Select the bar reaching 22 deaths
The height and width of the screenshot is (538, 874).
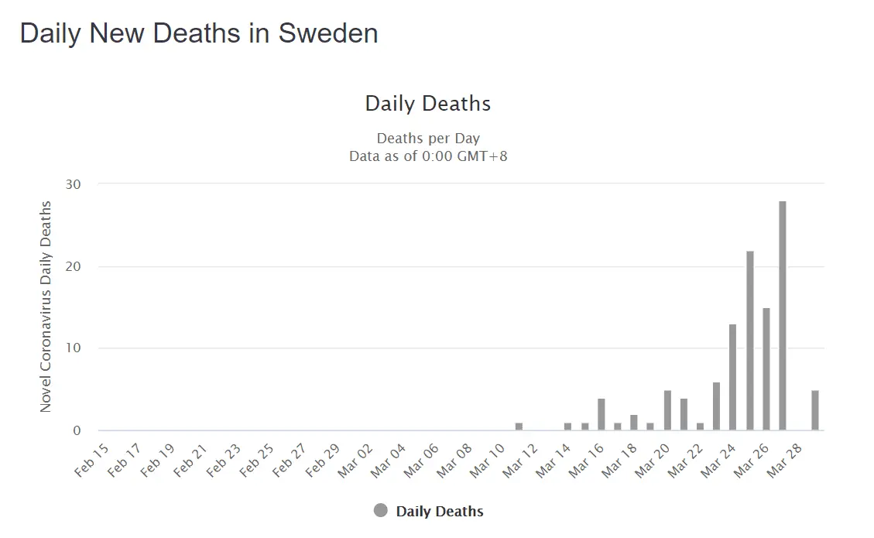(750, 341)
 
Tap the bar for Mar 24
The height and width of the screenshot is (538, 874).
(733, 378)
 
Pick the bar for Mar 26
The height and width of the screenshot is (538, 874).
(766, 369)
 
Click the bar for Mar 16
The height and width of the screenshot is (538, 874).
(602, 415)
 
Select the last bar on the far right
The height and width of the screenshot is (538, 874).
(815, 411)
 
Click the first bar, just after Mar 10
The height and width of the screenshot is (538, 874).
(519, 427)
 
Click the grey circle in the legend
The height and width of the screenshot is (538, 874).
(380, 511)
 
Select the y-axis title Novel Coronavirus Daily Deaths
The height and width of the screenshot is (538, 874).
(46, 307)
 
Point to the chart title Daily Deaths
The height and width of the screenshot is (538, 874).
(428, 104)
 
